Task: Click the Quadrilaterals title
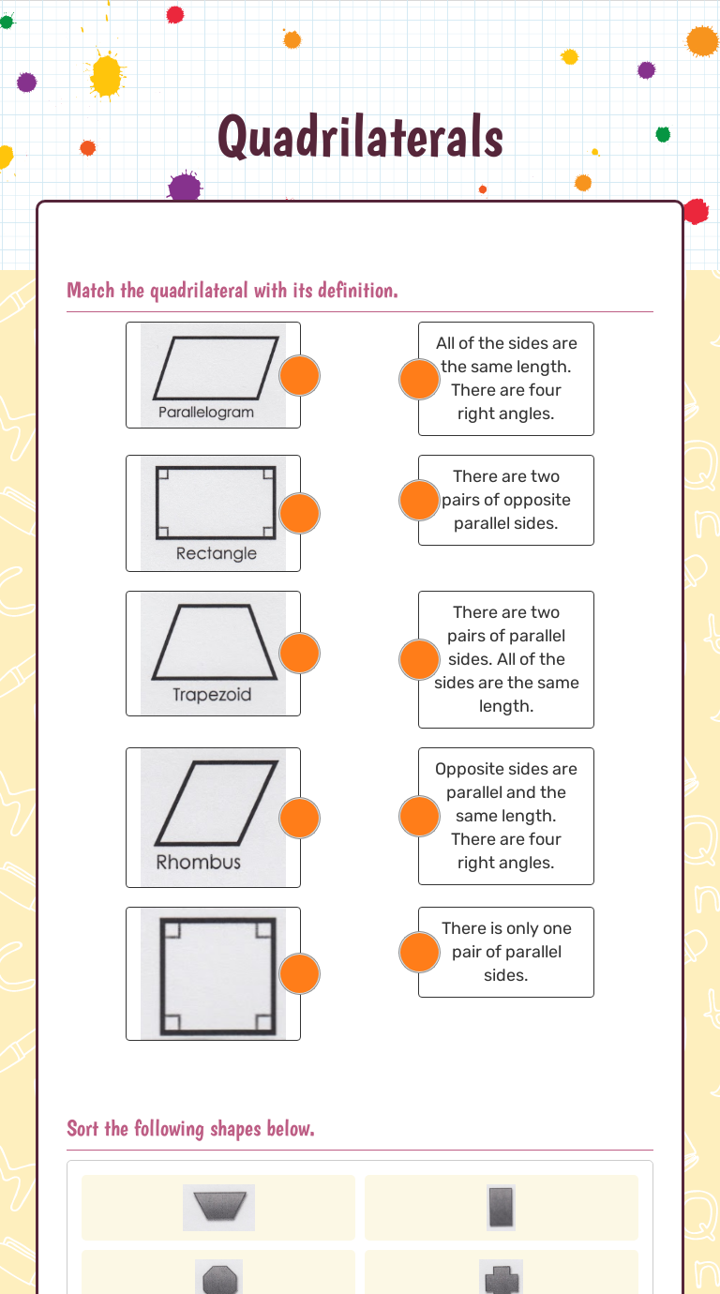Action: pyautogui.click(x=361, y=138)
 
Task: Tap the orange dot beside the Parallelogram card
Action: pyautogui.click(x=300, y=376)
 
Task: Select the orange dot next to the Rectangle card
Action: pyautogui.click(x=300, y=513)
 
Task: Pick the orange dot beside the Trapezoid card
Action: pyautogui.click(x=300, y=653)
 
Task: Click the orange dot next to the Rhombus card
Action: pyautogui.click(x=300, y=818)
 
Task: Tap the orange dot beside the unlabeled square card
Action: pyautogui.click(x=300, y=973)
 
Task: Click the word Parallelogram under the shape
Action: pyautogui.click(x=205, y=413)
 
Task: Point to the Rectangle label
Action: pyautogui.click(x=216, y=553)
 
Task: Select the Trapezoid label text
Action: pyautogui.click(x=212, y=695)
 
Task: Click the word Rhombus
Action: pyautogui.click(x=198, y=862)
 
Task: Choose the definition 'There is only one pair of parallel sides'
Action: pyautogui.click(x=506, y=952)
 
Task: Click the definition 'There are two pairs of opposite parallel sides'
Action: pyautogui.click(x=506, y=500)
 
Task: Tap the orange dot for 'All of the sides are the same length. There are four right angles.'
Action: pyautogui.click(x=419, y=379)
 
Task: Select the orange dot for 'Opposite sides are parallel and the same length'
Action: pyautogui.click(x=419, y=816)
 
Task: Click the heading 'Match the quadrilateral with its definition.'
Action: pyautogui.click(x=232, y=291)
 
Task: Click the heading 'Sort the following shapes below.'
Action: pyautogui.click(x=190, y=1128)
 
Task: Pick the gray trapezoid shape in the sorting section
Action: pyautogui.click(x=218, y=1208)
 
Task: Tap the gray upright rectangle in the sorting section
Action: pyautogui.click(x=501, y=1208)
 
